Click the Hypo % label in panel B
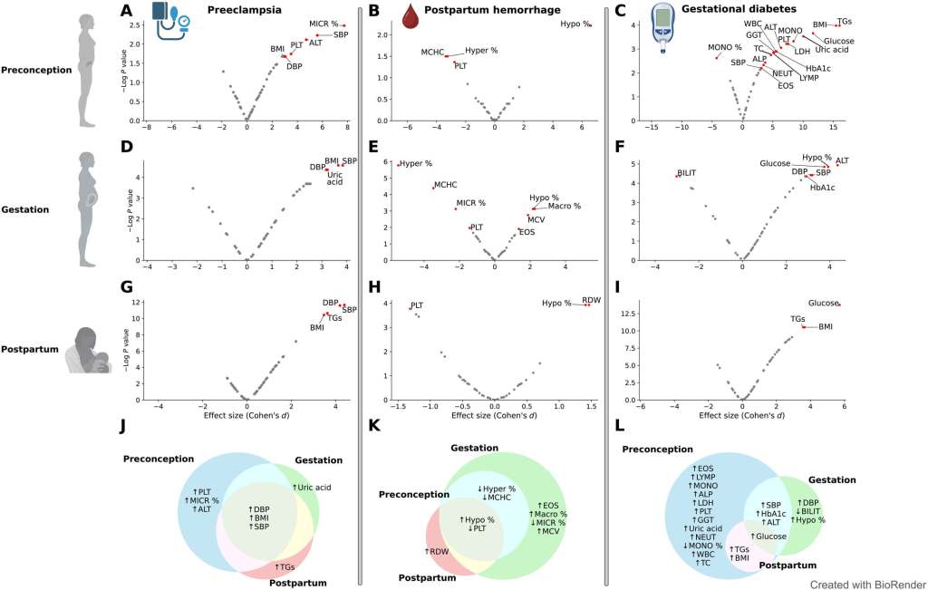point(575,24)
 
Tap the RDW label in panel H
point(591,300)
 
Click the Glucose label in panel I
point(824,304)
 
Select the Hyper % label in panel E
point(417,163)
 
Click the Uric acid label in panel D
point(334,178)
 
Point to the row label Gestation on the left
point(26,209)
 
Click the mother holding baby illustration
point(89,350)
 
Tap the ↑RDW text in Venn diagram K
point(439,551)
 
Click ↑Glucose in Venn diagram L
point(769,537)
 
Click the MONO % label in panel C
point(725,47)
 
